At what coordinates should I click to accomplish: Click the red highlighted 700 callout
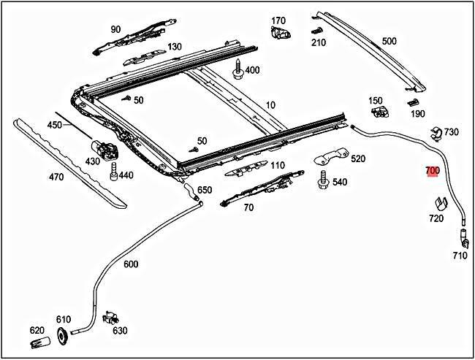[432, 171]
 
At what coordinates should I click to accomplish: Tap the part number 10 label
[270, 105]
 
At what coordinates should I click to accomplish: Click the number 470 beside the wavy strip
[56, 176]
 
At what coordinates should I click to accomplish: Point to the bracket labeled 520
[329, 159]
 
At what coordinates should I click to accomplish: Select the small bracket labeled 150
[379, 110]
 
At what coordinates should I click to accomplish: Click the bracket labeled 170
[278, 34]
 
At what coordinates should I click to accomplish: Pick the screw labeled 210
[317, 31]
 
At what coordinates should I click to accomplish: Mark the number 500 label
[389, 42]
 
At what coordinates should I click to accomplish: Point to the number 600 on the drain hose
[130, 264]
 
